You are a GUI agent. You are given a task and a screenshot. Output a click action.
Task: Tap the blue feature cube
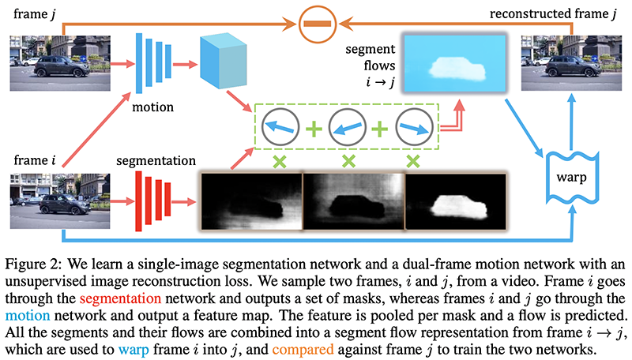(224, 62)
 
